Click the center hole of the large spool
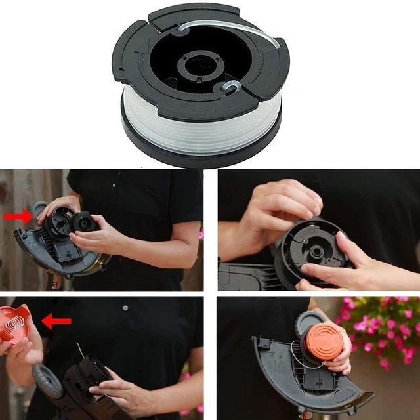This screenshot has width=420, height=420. click(x=199, y=68)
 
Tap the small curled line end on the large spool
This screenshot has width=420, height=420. click(x=231, y=86)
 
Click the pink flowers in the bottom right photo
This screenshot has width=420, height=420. click(x=387, y=328)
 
